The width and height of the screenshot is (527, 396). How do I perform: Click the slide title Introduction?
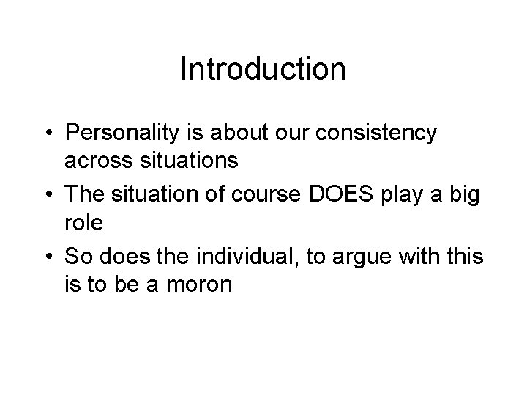point(263,70)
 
